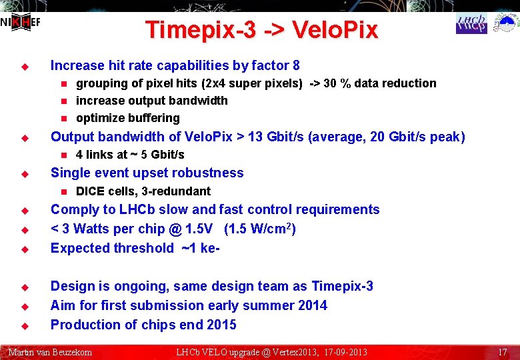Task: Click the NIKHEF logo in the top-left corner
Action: point(20,23)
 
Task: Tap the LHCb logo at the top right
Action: point(471,24)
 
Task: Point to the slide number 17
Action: point(503,351)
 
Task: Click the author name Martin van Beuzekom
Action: point(50,351)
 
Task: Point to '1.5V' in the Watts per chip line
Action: point(199,229)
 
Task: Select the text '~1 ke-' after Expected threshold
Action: point(202,248)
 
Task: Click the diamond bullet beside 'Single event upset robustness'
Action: point(23,173)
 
